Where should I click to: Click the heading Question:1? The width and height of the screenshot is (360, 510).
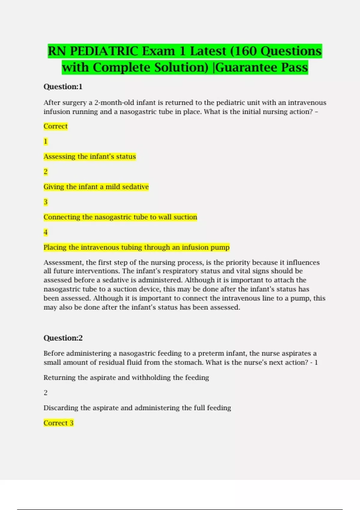63,87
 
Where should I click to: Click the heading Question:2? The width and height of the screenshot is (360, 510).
63,338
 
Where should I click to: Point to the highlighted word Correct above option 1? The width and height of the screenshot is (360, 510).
55,126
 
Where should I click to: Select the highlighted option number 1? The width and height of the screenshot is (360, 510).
46,141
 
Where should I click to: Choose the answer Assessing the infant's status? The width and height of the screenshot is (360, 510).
89,157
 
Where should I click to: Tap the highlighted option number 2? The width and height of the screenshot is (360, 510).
46,172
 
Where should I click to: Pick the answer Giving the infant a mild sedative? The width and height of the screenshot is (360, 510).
96,187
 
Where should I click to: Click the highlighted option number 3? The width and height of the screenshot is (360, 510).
46,202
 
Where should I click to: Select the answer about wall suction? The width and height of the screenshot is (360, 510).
120,217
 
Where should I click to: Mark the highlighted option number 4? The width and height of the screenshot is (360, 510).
46,232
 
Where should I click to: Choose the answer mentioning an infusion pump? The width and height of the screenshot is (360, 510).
136,247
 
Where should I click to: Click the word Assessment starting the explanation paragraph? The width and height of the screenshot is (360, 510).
63,262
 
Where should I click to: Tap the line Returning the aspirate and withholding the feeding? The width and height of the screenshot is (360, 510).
126,378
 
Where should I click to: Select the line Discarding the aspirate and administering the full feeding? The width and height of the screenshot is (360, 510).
137,408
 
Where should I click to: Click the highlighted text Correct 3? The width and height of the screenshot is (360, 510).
58,423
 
